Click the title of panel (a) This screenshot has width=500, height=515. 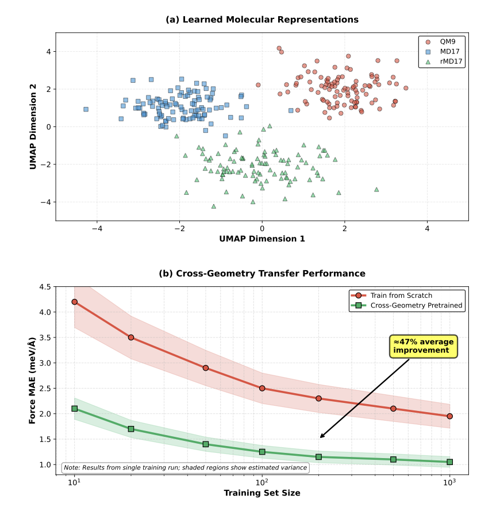point(262,20)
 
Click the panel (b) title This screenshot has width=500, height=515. point(262,274)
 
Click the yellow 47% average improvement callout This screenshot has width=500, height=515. point(423,346)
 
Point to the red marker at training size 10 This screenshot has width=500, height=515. point(75,302)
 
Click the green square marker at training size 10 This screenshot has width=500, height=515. point(75,409)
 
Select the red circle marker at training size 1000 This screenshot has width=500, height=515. point(449,416)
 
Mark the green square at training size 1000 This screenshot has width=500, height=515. point(449,462)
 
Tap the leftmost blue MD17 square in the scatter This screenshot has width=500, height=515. point(86,109)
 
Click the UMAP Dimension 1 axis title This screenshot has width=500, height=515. point(262,239)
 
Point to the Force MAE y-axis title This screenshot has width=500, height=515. point(33,381)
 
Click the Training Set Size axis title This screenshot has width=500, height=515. point(262,493)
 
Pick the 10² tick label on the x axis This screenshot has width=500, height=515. point(262,482)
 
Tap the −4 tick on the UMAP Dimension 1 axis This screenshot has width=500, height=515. point(97,228)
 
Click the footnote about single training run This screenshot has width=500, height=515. point(185,468)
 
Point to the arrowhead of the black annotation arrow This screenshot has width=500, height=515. point(320,437)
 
